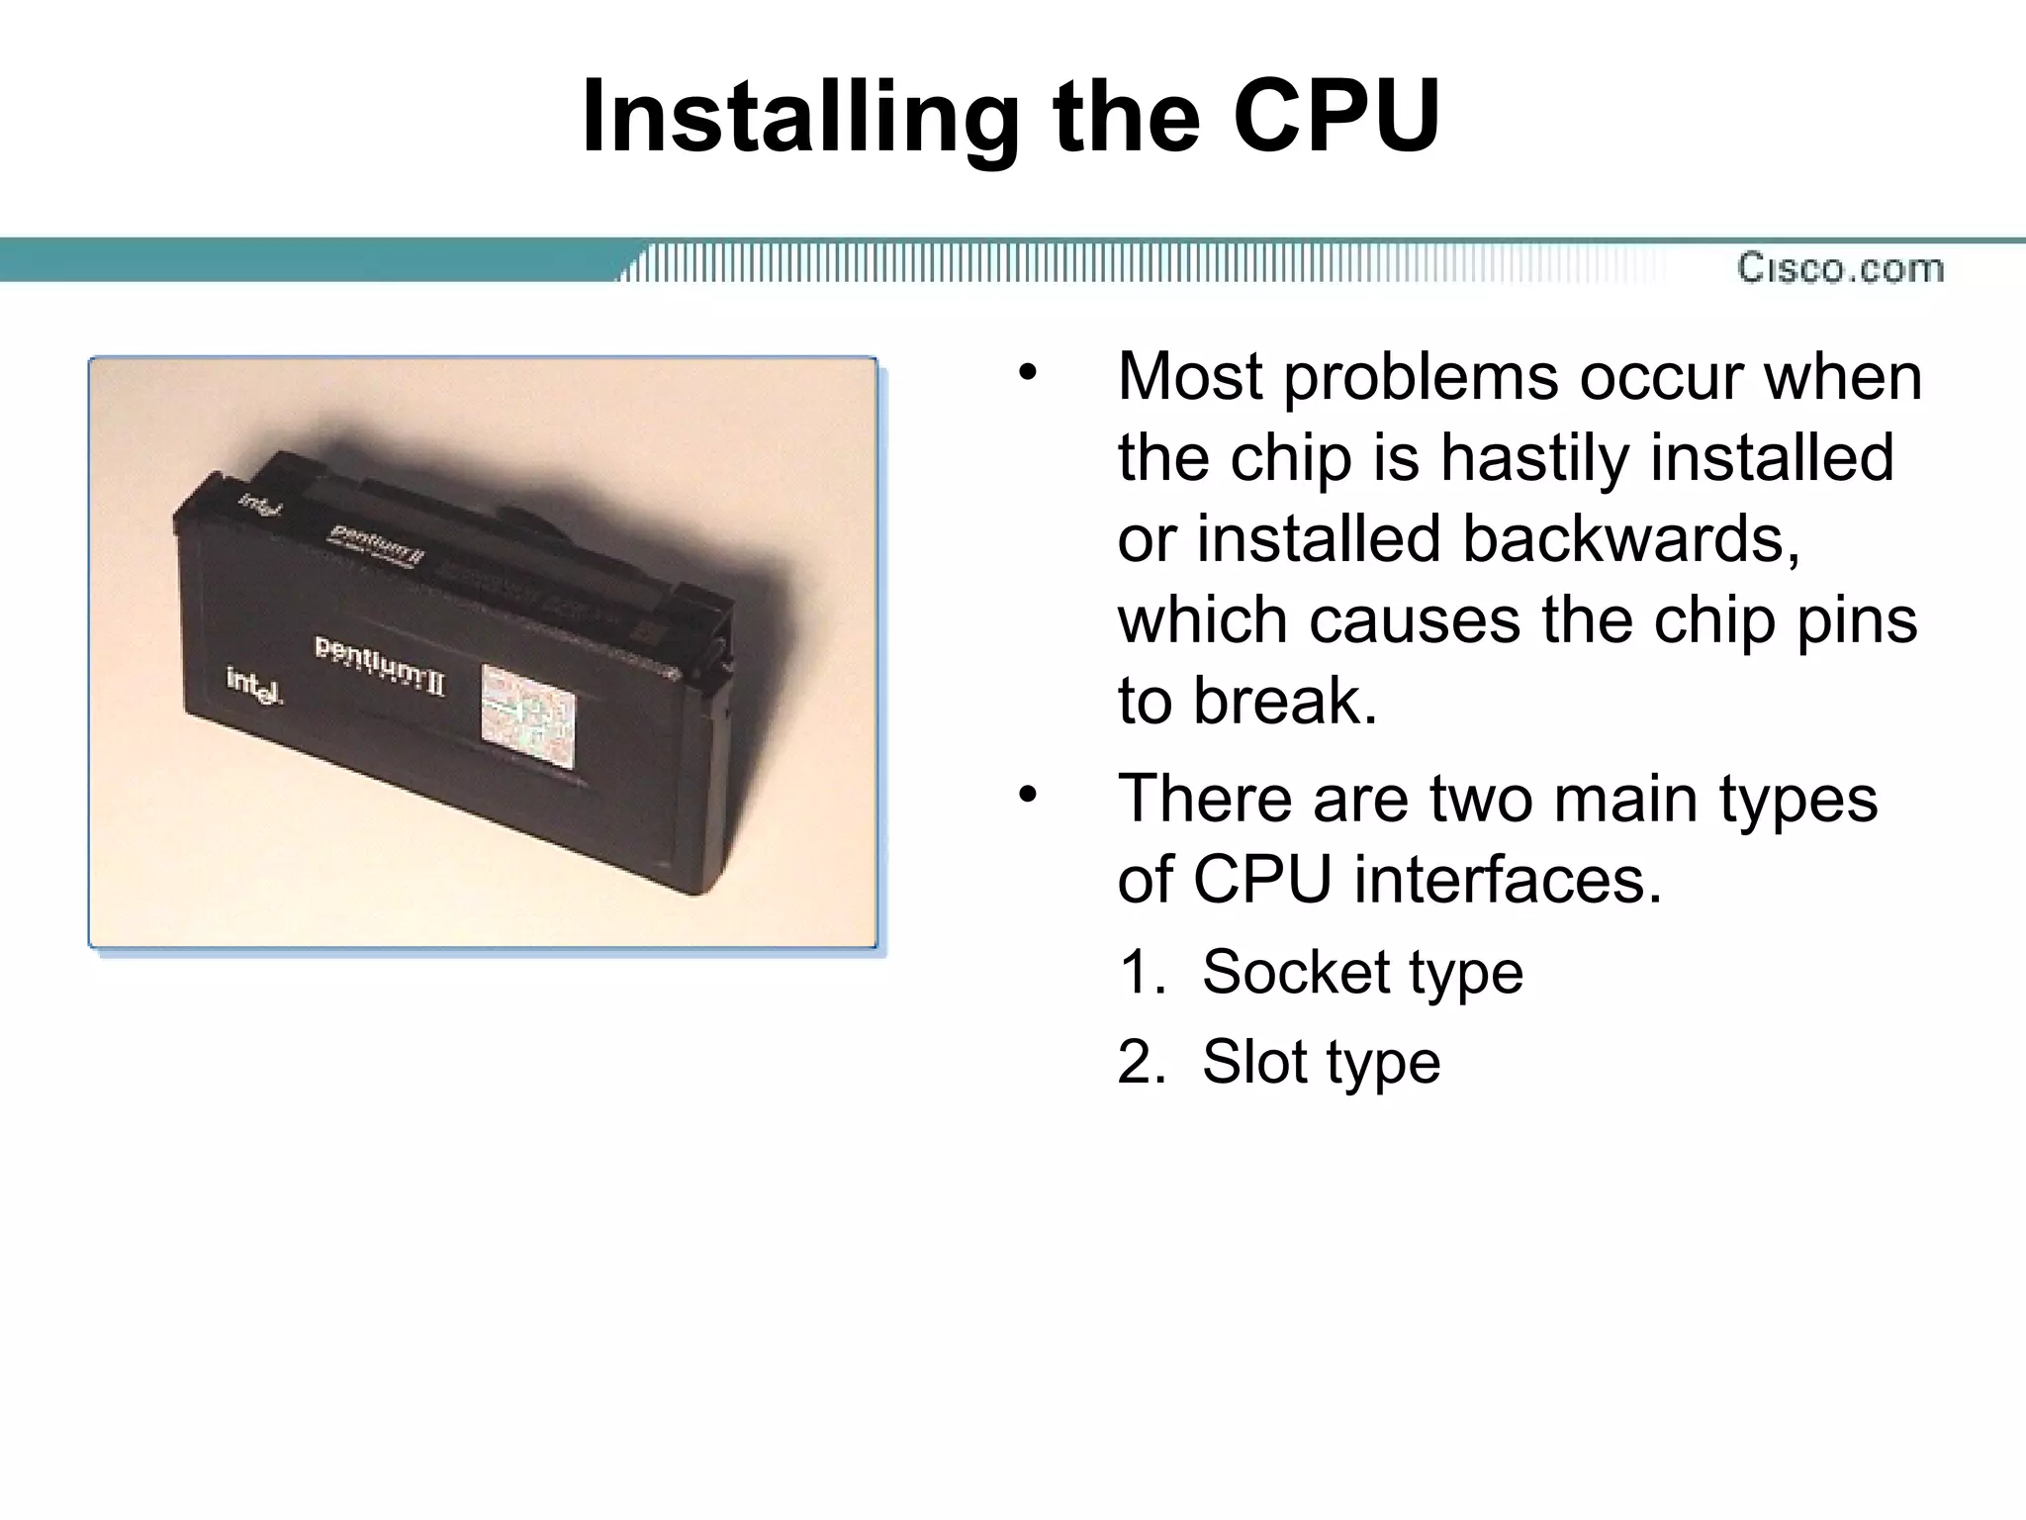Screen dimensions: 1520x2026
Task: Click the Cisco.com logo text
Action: click(x=1840, y=268)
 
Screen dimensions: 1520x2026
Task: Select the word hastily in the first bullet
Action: click(x=1534, y=457)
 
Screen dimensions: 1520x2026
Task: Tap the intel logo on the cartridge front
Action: click(x=255, y=684)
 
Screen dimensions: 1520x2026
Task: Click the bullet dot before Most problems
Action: click(x=1028, y=374)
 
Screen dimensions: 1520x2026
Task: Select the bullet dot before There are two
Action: click(x=1028, y=795)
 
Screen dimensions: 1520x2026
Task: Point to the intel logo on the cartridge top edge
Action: click(x=260, y=506)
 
